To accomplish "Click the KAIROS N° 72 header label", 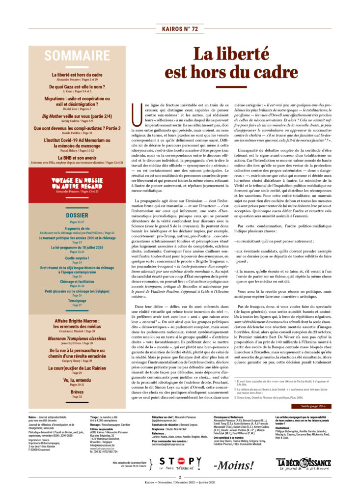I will (180, 29).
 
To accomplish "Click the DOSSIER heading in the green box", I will (77, 215).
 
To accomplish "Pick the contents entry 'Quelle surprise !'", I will (77, 257).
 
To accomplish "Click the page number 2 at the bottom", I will (180, 490).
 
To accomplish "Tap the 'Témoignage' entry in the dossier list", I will (77, 300).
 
